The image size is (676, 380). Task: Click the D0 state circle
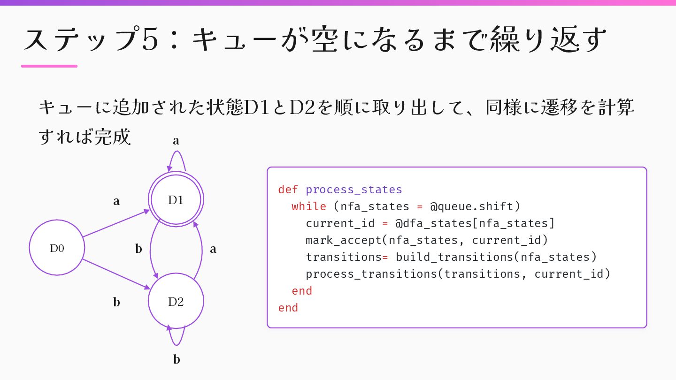(57, 248)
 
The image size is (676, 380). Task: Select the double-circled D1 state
(176, 200)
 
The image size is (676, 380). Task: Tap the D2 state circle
(176, 301)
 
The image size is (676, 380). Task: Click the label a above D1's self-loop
(176, 140)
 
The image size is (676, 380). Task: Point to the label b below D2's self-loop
(177, 360)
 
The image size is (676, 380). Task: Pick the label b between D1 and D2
(138, 249)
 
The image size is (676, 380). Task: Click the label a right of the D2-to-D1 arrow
(213, 249)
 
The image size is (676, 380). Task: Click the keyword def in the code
(288, 190)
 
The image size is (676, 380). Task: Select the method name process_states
(354, 190)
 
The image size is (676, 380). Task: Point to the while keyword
(309, 206)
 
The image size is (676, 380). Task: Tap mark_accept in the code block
(344, 240)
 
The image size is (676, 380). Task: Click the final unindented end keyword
(288, 308)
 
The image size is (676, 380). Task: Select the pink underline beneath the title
(49, 66)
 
